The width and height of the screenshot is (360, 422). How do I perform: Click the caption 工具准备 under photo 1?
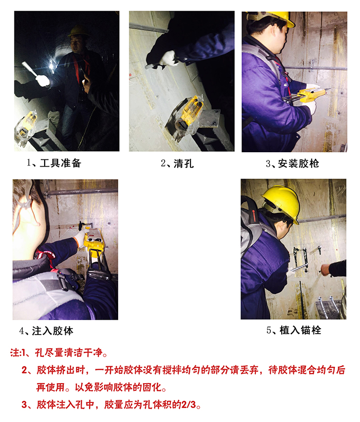point(60,163)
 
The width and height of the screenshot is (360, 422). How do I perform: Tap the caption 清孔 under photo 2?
point(183,164)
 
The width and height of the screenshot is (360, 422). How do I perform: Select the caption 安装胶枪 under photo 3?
point(299,164)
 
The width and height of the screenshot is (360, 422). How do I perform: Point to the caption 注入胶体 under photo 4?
point(53,331)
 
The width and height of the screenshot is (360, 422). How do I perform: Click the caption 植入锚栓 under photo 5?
point(300,330)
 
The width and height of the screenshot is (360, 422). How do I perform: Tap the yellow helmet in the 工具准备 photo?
point(79,31)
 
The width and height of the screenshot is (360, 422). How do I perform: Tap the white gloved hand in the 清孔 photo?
point(168,59)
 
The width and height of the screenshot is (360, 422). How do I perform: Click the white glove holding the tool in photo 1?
point(43,81)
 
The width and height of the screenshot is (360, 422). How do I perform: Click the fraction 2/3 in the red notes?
point(189,405)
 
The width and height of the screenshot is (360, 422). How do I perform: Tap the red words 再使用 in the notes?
point(50,387)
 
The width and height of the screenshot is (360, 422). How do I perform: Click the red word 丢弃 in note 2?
point(249,370)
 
